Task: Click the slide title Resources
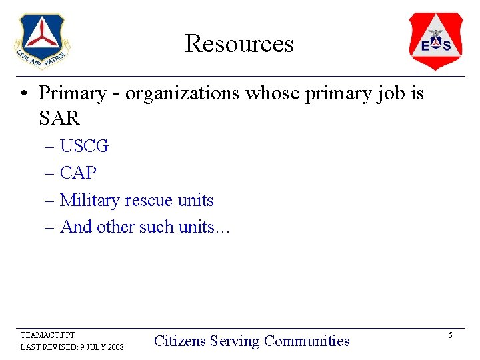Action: coord(239,43)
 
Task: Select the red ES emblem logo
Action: coord(435,41)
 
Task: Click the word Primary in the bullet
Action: coord(72,93)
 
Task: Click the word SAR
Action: coord(59,119)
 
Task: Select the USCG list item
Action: coord(84,146)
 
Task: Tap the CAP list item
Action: coord(78,173)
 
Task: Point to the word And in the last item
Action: coord(76,227)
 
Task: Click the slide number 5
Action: coord(450,335)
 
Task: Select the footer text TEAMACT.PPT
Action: coord(48,335)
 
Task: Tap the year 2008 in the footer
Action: coord(114,347)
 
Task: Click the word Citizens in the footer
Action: coord(179,341)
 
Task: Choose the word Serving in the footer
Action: coord(235,341)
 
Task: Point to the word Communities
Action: coord(307,341)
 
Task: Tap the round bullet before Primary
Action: coord(24,94)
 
